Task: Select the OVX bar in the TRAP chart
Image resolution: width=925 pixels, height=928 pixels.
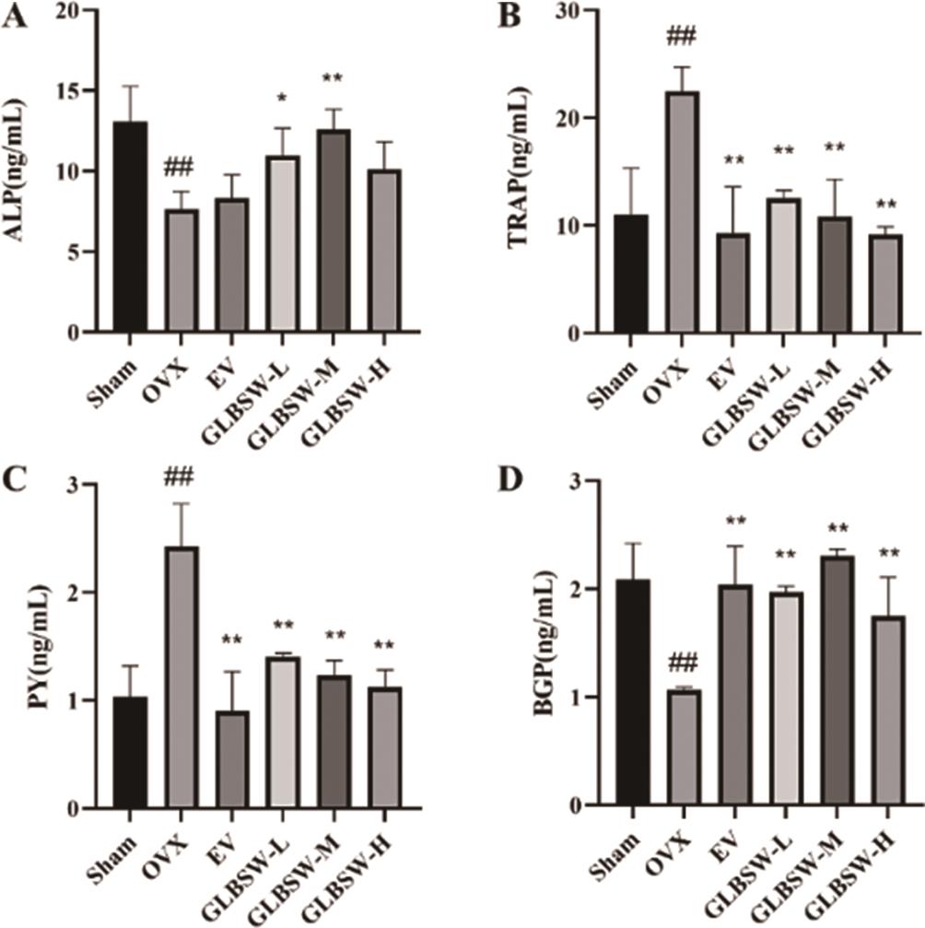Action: (x=683, y=212)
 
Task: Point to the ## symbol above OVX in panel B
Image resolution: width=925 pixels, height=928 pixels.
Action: (x=683, y=37)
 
